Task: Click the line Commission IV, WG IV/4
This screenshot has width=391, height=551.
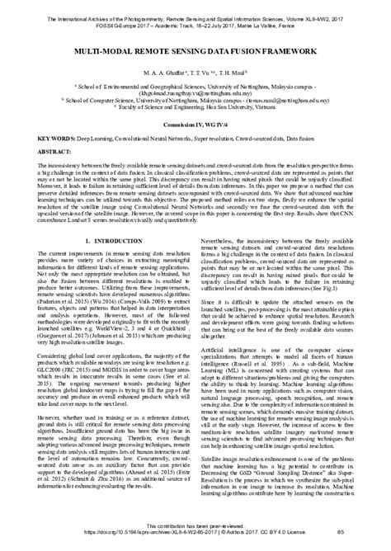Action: [x=195, y=125]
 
